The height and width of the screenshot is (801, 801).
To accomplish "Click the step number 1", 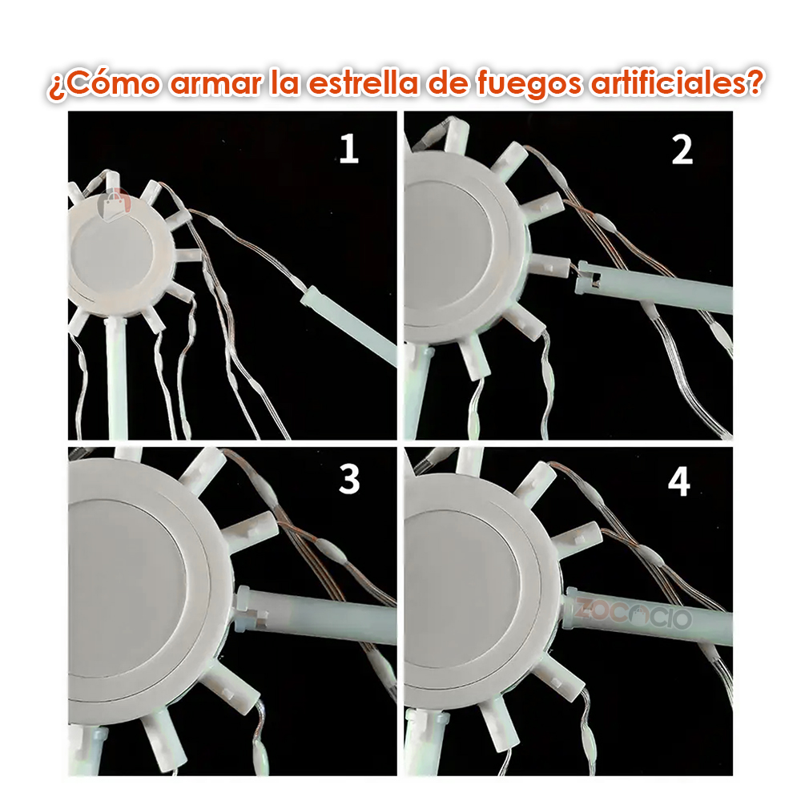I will [x=348, y=150].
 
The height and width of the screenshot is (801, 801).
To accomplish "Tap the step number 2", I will [x=682, y=150].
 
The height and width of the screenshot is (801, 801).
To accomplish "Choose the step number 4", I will [x=679, y=481].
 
